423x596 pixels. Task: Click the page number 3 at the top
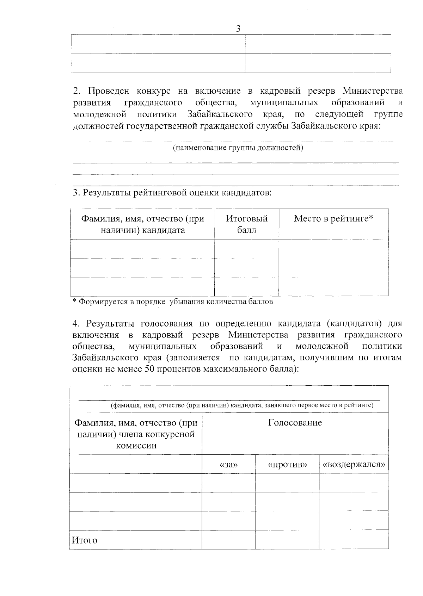coord(238,29)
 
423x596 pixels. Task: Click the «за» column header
coord(229,465)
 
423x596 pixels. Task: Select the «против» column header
coord(287,465)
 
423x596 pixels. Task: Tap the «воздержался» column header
coord(354,465)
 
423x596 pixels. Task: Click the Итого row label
coord(85,540)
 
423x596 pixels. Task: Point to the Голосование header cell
coord(295,423)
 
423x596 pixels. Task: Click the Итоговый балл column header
coord(246,224)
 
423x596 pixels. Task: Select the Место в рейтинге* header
coord(333,219)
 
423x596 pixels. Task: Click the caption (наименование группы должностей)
coord(238,148)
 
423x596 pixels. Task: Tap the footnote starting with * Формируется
coord(173,302)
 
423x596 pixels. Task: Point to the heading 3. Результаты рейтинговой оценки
coord(172,193)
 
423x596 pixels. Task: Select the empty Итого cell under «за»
coord(229,539)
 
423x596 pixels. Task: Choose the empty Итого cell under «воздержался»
coord(354,539)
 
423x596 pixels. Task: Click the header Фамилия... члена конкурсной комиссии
coord(136,434)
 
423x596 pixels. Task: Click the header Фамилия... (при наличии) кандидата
coord(142,224)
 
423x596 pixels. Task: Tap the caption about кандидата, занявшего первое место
coord(242,405)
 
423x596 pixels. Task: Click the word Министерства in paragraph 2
coord(373,91)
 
